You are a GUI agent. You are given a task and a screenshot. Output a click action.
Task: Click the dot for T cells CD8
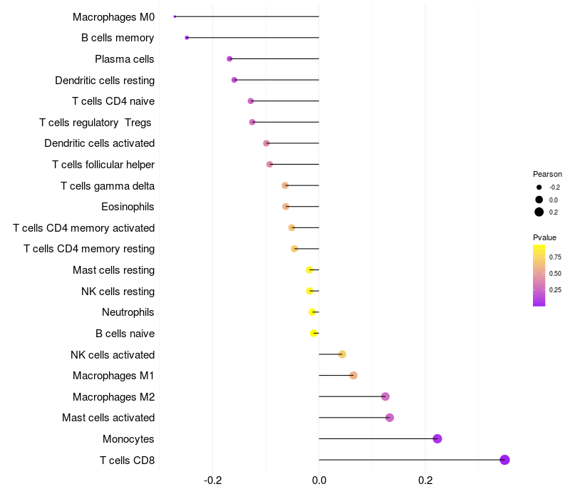coord(504,460)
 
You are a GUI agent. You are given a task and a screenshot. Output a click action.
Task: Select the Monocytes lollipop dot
coord(437,438)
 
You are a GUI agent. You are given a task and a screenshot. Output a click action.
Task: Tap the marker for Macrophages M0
coord(175,16)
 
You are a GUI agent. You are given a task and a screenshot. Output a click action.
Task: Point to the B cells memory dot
coord(187,38)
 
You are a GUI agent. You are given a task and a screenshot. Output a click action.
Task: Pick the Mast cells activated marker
coord(390,418)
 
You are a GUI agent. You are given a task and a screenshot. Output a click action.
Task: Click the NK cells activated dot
coord(342,354)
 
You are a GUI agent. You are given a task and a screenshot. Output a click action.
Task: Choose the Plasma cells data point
coord(229,58)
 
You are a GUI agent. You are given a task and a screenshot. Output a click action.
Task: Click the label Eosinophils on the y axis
coord(128,207)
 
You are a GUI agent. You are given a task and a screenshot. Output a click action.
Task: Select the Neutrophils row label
coord(128,312)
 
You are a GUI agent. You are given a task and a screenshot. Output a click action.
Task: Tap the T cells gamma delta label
coord(108,186)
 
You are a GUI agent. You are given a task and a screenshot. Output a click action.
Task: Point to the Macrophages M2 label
coord(113,396)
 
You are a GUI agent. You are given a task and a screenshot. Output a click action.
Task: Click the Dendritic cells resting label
coord(105,80)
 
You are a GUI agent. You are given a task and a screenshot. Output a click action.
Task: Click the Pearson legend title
coord(547,174)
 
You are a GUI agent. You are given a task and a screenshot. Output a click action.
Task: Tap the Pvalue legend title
coord(544,237)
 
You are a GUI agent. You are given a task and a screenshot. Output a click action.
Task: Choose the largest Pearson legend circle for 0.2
coord(539,212)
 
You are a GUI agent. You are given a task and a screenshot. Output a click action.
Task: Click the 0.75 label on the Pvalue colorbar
coord(555,257)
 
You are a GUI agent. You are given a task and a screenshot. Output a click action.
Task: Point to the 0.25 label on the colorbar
coord(555,290)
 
